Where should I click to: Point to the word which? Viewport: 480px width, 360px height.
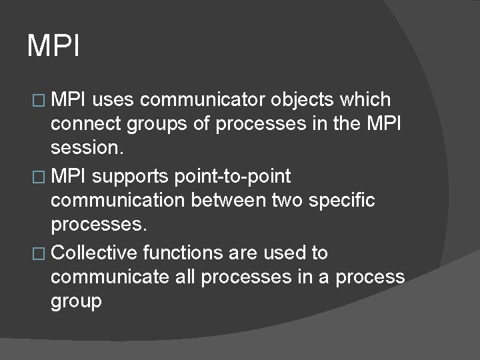pos(365,100)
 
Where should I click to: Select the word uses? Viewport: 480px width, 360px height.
pos(114,100)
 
